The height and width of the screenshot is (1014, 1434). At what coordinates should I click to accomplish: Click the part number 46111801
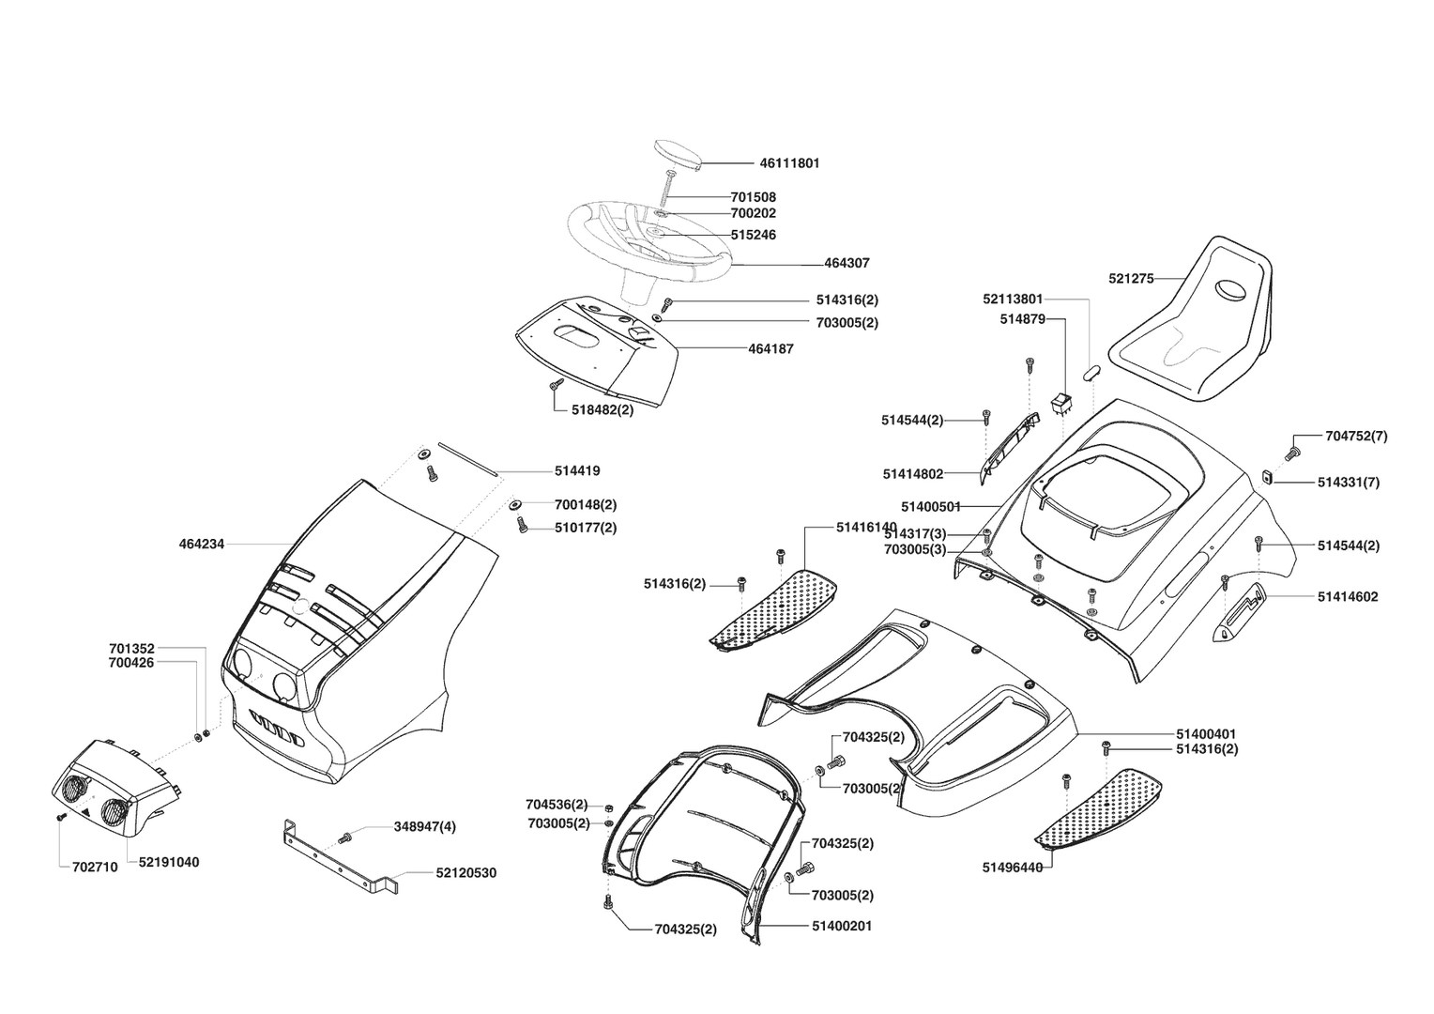tap(789, 163)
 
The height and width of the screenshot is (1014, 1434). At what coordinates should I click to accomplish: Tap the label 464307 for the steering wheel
tap(847, 264)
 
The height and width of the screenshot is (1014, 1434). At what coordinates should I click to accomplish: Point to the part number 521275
tap(1131, 278)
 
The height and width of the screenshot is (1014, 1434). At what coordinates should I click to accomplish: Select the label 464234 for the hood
tap(202, 544)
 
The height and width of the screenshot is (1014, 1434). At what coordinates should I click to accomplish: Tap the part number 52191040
tap(169, 862)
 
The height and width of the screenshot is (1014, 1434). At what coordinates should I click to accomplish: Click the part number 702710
tap(95, 868)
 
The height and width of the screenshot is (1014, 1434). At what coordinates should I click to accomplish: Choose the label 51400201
tap(842, 926)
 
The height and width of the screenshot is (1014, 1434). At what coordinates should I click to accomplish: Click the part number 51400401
tap(1206, 733)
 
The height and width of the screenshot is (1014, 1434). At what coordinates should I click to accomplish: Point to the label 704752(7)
tap(1356, 436)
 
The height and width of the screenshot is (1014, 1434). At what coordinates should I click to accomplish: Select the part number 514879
tap(1022, 320)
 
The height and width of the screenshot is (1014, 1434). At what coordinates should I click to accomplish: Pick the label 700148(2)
tap(585, 505)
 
